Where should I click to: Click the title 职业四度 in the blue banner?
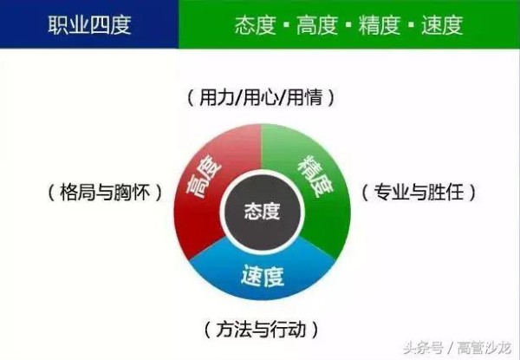[x=89, y=23]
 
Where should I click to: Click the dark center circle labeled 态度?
[x=263, y=211]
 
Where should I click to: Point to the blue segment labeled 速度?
[x=262, y=278]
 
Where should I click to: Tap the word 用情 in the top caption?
[x=305, y=98]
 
